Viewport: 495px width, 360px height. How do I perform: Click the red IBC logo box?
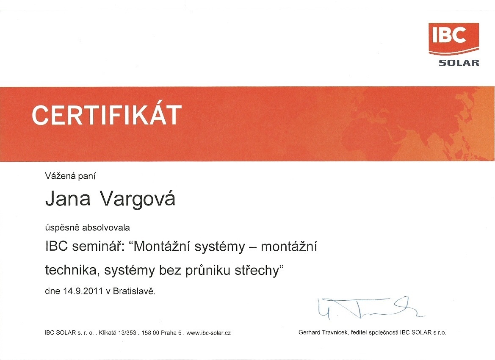point(454,39)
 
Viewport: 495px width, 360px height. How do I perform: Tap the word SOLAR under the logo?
point(459,63)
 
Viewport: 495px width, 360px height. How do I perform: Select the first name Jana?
point(68,199)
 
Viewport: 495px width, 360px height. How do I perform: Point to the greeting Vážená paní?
point(70,176)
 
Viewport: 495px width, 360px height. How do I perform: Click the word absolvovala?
point(106,227)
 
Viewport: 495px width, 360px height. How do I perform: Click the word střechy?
point(256,271)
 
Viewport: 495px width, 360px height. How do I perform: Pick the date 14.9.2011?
point(83,291)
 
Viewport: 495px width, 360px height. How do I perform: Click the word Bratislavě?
point(134,291)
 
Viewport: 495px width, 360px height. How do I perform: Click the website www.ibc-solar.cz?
point(209,333)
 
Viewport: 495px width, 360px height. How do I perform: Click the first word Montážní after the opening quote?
point(162,246)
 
